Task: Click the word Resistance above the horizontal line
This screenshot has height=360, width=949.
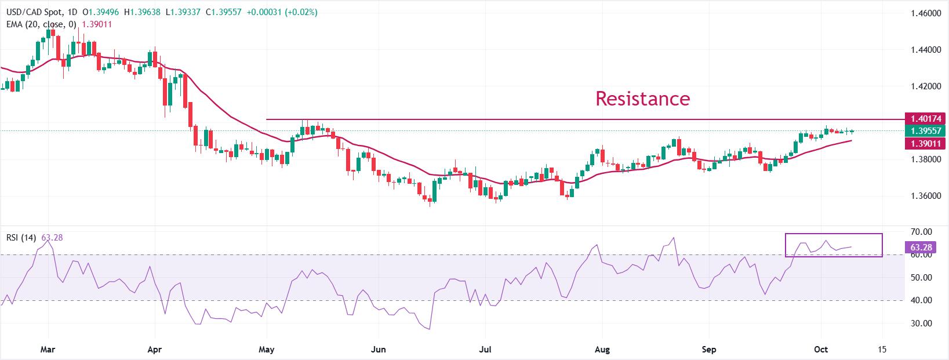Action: pyautogui.click(x=642, y=99)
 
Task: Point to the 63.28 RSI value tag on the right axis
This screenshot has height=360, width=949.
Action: pyautogui.click(x=919, y=248)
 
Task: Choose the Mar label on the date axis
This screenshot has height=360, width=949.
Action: pyautogui.click(x=48, y=350)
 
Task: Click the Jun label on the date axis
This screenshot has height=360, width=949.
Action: pyautogui.click(x=378, y=350)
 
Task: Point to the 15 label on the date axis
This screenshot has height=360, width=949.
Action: pyautogui.click(x=882, y=350)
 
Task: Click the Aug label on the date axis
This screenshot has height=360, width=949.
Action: pyautogui.click(x=602, y=350)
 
